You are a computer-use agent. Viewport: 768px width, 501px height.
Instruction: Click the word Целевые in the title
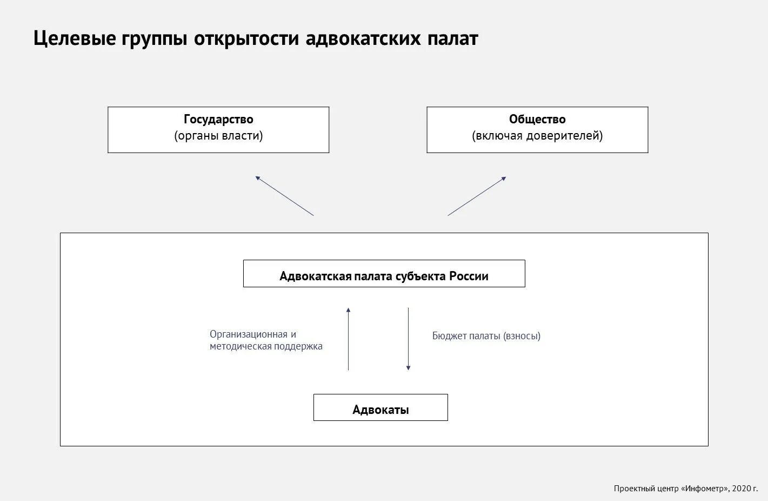coord(73,39)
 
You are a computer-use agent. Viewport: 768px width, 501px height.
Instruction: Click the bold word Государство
coord(218,119)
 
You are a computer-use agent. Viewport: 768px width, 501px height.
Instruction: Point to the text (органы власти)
coord(218,136)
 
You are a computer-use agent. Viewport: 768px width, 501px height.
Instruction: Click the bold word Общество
coord(537,119)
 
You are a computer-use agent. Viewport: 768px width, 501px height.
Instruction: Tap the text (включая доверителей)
coord(537,136)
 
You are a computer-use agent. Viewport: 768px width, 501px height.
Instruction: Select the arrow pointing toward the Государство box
coord(284,196)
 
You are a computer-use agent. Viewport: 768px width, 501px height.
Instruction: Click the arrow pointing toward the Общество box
coord(477,196)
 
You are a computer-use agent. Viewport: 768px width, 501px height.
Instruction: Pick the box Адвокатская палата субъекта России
coord(384,274)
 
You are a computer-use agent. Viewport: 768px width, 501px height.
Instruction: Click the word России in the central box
coord(469,276)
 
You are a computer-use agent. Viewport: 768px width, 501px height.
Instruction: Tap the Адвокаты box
coord(380,408)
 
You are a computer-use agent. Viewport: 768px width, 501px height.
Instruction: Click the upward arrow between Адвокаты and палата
coord(348,339)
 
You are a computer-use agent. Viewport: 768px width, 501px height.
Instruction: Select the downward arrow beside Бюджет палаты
coord(408,339)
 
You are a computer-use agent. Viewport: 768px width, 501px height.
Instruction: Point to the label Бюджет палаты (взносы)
coord(486,336)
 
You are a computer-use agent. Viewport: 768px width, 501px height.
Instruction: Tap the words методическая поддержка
coord(266,346)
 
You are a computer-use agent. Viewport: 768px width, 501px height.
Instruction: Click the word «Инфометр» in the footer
coord(705,489)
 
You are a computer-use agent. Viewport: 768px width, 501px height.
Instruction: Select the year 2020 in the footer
coord(740,489)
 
